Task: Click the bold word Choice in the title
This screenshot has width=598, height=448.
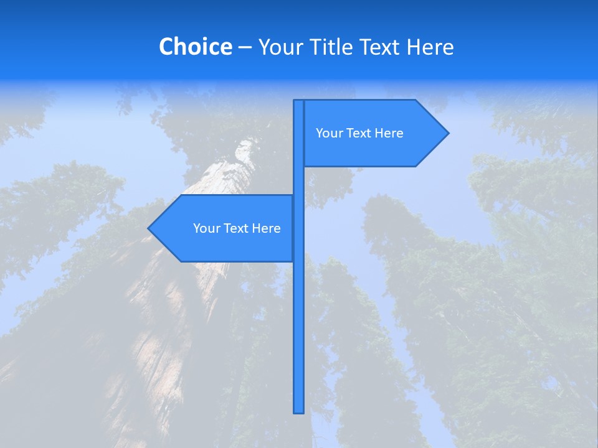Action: coord(195,47)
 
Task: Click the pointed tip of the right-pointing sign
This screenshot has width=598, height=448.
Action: coord(447,133)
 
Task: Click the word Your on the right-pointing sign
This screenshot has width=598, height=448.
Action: coord(330,133)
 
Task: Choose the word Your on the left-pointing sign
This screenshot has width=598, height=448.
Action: coord(207,228)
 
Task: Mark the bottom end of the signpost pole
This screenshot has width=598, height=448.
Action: coord(298,411)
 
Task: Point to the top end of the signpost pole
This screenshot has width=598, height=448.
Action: coord(298,101)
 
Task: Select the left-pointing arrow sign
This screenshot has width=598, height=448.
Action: coord(224,246)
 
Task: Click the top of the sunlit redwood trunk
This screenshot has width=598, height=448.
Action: coord(246,146)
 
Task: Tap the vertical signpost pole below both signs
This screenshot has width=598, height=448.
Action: coord(298,336)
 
